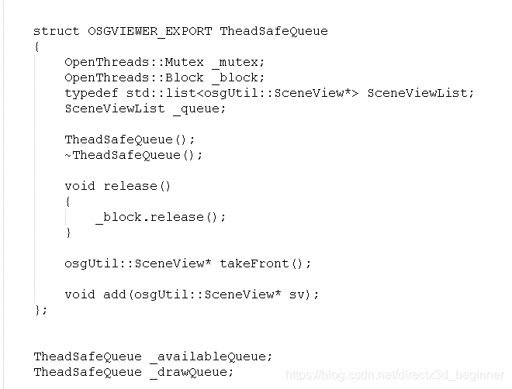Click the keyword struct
(56, 31)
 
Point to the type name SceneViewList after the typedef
(420, 93)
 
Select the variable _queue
(199, 108)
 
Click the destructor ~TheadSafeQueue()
(133, 155)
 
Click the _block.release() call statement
(161, 217)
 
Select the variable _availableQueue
(211, 356)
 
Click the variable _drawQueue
(192, 372)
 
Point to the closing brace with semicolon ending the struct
(40, 310)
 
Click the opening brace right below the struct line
(36, 46)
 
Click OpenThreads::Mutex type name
(133, 62)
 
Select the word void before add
(79, 294)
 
